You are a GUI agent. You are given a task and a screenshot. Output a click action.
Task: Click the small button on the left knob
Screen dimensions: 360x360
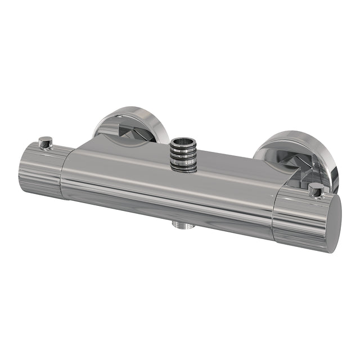(46, 142)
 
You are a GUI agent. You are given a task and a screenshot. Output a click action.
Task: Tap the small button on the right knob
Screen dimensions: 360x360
(317, 190)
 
